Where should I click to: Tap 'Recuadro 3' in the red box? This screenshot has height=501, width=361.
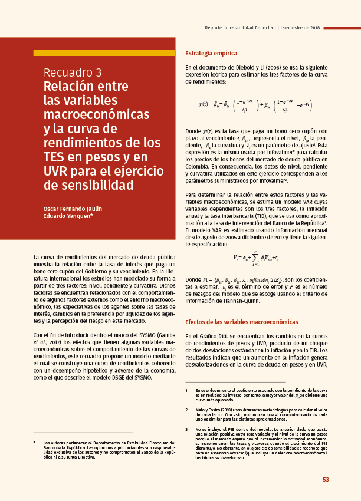[73, 72]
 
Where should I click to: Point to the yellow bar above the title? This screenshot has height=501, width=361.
[104, 53]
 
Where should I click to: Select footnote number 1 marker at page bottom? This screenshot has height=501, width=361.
[187, 391]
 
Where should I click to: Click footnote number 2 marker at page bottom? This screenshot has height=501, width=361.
[187, 409]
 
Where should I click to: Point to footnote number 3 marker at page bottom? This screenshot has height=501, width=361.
[187, 429]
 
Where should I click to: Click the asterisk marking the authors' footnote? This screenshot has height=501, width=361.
[35, 442]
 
